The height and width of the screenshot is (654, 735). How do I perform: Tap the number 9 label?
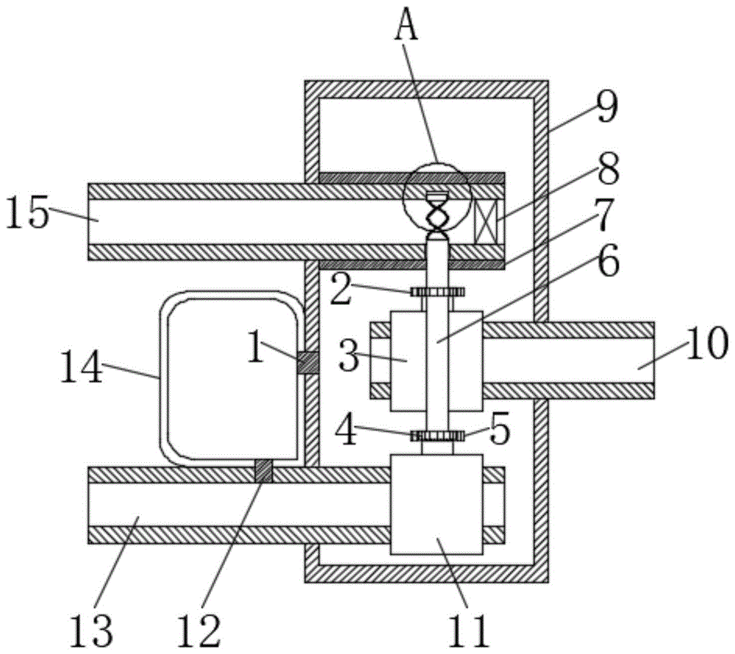(607, 107)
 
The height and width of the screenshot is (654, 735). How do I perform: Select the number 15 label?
(28, 212)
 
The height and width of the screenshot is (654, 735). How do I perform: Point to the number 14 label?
(81, 367)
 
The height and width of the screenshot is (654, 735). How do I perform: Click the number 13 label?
(91, 631)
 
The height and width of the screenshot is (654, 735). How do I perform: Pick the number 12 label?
(198, 631)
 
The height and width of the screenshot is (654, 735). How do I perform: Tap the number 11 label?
(469, 631)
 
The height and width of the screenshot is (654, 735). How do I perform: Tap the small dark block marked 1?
(307, 363)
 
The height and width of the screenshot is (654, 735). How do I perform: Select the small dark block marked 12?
(263, 471)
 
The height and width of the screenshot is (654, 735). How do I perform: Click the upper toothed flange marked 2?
(437, 292)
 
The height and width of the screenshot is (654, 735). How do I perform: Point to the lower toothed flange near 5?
(437, 436)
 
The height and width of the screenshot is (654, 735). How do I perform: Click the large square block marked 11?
(437, 504)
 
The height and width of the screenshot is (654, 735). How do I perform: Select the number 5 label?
(500, 431)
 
